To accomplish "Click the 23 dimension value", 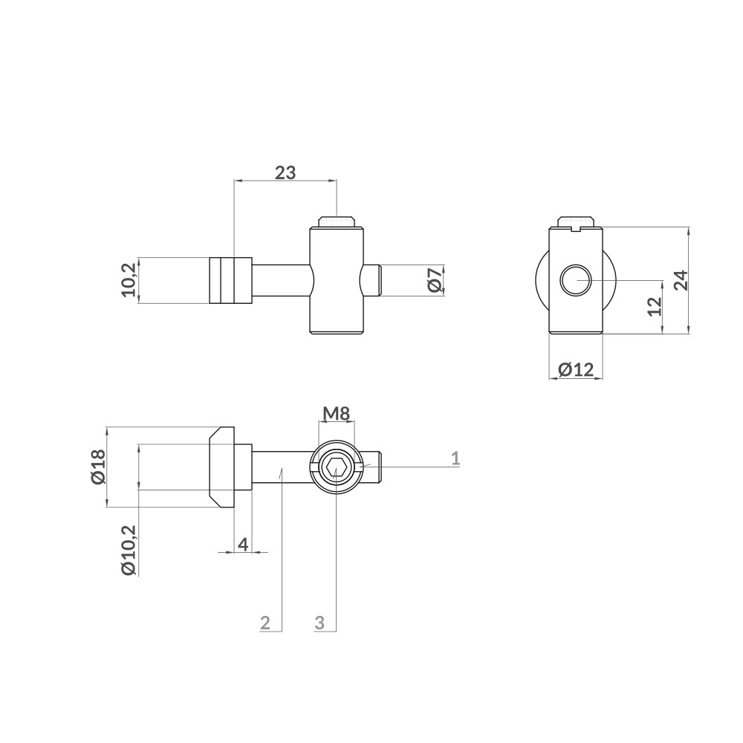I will [285, 172].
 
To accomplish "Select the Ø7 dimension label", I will [435, 280].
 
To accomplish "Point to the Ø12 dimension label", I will [576, 369].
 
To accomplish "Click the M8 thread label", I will [337, 413].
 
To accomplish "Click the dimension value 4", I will [242, 544].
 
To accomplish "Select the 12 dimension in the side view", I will [654, 306].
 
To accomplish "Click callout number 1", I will [455, 458].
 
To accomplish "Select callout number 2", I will [265, 623].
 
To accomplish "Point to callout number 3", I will [319, 623].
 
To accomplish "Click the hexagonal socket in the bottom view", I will [337, 467].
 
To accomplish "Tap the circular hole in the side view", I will [575, 280].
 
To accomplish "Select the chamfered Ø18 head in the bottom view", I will [222, 467].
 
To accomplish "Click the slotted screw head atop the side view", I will [576, 221].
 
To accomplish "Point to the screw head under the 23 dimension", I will [337, 221].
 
